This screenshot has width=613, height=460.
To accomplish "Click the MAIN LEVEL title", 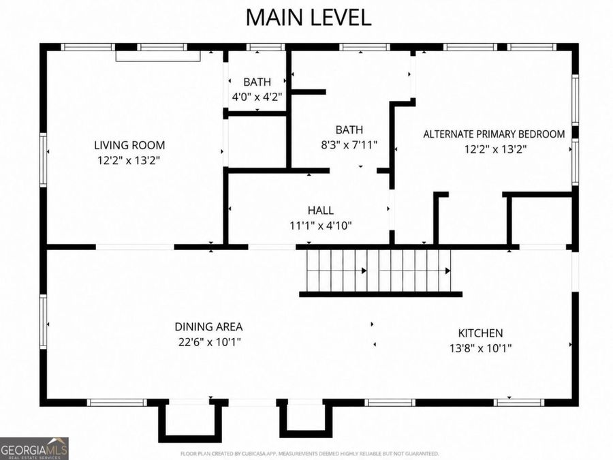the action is [x=309, y=18].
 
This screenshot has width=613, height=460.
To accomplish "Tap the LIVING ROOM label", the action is [x=129, y=145].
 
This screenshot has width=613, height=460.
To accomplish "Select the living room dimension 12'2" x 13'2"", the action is [x=129, y=160].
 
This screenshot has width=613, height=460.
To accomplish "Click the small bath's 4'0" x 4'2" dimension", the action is [x=257, y=97].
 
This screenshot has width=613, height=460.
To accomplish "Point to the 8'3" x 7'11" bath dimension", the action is [x=349, y=145].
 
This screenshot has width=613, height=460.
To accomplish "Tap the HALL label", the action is [x=321, y=211].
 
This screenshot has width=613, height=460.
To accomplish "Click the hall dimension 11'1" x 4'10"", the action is [x=321, y=226].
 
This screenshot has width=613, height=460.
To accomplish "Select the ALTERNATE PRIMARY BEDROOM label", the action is [x=494, y=134].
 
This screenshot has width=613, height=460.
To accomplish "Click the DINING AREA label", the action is [x=208, y=326].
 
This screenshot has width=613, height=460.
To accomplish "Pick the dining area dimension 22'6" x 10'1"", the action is [x=210, y=342].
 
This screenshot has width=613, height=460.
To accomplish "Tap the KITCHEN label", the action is [x=480, y=333].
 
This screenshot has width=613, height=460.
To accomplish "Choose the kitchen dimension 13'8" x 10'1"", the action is [x=480, y=348].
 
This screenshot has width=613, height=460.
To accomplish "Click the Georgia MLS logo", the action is [x=34, y=448].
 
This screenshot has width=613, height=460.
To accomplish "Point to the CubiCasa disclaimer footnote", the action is [x=310, y=454].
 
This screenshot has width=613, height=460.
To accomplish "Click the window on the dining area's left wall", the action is [x=44, y=322].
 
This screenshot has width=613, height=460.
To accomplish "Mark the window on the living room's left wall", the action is [x=44, y=159].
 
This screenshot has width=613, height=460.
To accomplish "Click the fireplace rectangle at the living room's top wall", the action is [x=158, y=56].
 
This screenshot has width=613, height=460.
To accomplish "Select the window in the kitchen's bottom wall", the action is [x=519, y=403].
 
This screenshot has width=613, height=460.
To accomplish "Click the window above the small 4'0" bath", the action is [x=266, y=47].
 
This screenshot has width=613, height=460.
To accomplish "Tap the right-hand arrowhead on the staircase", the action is [x=447, y=271].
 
